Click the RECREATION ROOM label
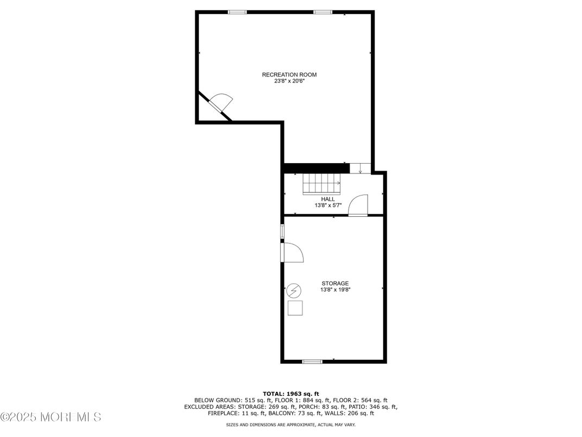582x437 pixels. tap(289, 74)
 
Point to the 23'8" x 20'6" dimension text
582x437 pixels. tap(289, 81)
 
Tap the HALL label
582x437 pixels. tap(328, 199)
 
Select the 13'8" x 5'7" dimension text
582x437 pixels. tap(328, 205)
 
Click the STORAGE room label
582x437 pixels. tap(335, 283)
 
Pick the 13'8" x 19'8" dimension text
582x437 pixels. tap(335, 290)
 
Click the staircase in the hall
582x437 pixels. tap(321, 183)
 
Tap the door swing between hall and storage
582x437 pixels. tap(358, 206)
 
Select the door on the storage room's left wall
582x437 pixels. tap(292, 253)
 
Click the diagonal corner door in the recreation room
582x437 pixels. tap(221, 103)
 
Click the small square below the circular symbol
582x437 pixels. tap(295, 308)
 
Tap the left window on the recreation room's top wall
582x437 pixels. tap(237, 12)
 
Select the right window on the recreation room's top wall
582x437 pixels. tap(322, 12)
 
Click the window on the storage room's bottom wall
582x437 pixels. tap(312, 361)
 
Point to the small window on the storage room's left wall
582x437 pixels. tap(282, 231)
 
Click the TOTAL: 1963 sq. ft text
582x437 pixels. tap(291, 394)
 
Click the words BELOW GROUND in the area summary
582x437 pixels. tap(208, 400)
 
